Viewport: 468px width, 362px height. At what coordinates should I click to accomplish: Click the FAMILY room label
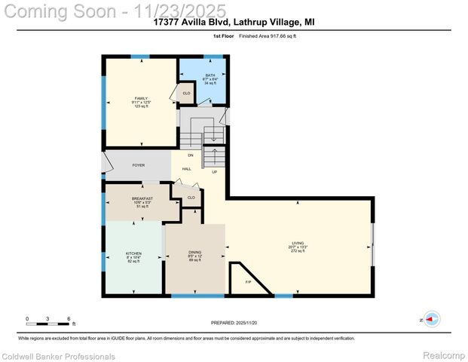pos(141,99)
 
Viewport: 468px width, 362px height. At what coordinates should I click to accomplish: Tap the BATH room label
pos(210,75)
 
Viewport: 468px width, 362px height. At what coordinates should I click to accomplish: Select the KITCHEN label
pos(133,253)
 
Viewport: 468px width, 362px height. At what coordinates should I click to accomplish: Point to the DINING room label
pos(194,253)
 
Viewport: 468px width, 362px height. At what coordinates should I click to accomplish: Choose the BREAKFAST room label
pos(142,198)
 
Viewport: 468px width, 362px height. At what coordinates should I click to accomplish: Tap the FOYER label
pos(138,164)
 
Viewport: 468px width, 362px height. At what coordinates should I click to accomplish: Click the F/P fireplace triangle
pos(249,282)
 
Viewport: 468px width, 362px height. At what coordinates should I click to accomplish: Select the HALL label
pos(186,168)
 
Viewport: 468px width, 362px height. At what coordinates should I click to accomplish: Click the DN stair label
pos(191,155)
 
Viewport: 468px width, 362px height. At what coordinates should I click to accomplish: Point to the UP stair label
pos(214,172)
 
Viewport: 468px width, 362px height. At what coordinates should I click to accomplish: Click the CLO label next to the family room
pos(185,94)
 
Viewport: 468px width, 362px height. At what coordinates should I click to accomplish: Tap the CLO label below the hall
pos(191,198)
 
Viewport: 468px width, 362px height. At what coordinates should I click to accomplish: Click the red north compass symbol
pos(432,320)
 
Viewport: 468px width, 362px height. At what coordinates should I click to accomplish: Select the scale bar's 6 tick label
pos(69,318)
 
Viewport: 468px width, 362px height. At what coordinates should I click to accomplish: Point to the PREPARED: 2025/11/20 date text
pos(233,322)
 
